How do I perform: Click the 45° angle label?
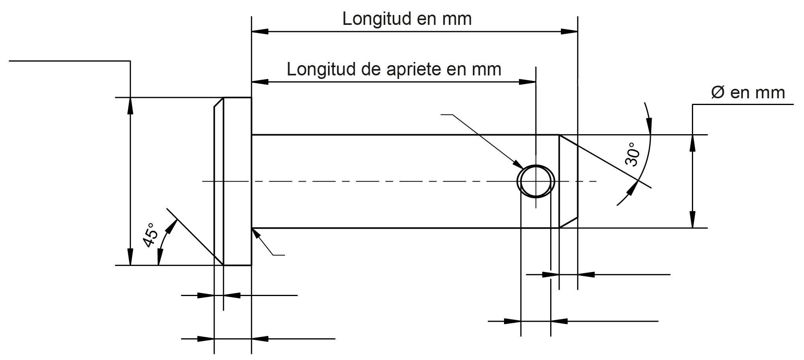[150, 236]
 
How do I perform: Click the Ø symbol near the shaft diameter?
[718, 93]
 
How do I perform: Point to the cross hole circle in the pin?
[536, 182]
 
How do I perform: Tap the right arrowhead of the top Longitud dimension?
[569, 31]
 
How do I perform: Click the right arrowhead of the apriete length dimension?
[527, 82]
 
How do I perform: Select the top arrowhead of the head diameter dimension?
[130, 105]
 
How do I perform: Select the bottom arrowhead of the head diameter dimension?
[130, 257]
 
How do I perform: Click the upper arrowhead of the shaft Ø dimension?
[692, 143]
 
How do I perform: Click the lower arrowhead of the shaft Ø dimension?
[692, 220]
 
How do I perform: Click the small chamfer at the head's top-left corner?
[219, 102]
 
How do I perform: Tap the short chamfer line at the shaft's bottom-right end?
[568, 223]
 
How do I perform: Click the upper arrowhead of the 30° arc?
[649, 126]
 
